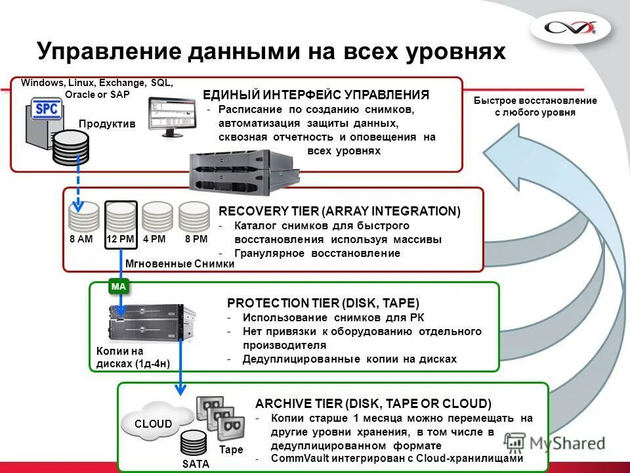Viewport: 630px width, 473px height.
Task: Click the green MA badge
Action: point(118,286)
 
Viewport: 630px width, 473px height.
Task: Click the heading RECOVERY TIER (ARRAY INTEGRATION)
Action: point(339,211)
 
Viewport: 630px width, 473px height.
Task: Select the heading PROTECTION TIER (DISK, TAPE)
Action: point(323,303)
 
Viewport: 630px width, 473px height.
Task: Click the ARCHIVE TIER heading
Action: point(373,403)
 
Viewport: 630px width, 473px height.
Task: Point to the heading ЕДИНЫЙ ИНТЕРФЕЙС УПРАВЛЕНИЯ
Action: point(316,95)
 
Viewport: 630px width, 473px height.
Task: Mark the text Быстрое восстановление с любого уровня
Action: point(535,106)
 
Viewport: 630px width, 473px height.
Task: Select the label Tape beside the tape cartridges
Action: point(231,450)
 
